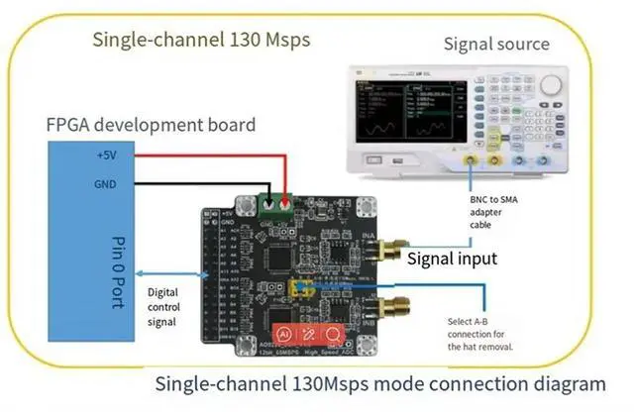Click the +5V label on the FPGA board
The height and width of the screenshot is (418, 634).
(105, 156)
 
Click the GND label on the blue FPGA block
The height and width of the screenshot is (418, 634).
(105, 183)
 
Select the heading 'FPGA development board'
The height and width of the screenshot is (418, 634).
(151, 125)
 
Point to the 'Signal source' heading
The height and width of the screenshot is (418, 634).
(495, 44)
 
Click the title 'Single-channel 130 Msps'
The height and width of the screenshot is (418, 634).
(201, 40)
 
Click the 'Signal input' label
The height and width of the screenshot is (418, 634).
(452, 260)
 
